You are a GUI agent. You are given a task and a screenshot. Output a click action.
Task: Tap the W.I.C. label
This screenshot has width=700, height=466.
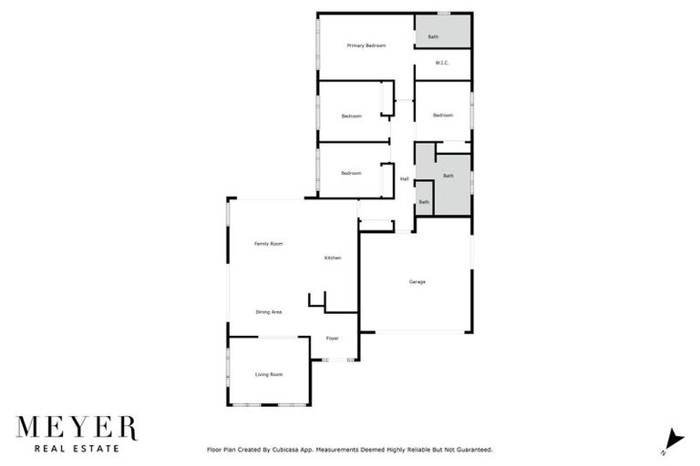(x=442, y=63)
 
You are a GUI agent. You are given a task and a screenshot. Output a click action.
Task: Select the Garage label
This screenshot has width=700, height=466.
(x=417, y=281)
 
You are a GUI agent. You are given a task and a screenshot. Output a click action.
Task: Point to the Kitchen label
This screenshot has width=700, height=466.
(x=333, y=258)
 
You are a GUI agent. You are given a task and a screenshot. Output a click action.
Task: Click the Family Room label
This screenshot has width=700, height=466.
(x=268, y=244)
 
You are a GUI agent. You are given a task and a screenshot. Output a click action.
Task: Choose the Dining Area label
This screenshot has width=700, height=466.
(x=268, y=312)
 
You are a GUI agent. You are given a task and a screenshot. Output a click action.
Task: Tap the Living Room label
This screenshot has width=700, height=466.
(x=268, y=374)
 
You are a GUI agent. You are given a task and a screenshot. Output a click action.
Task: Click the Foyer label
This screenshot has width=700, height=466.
(x=333, y=339)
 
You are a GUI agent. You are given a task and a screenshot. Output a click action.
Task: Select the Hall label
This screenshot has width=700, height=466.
(x=404, y=178)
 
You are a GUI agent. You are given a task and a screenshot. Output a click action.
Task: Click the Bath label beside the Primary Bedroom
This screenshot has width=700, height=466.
(x=433, y=37)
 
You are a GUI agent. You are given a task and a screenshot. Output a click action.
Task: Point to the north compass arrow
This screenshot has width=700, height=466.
(x=671, y=439)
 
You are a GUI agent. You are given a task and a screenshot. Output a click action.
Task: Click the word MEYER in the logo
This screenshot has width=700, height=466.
(x=77, y=428)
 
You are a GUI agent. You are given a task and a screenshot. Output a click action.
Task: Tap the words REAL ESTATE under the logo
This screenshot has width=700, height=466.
(x=77, y=448)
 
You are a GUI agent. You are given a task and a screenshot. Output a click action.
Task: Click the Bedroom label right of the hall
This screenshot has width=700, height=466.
(x=443, y=115)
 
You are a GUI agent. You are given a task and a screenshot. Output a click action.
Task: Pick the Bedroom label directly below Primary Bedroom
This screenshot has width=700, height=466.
(x=352, y=116)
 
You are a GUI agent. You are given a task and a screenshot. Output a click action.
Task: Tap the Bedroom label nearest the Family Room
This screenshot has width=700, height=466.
(x=352, y=173)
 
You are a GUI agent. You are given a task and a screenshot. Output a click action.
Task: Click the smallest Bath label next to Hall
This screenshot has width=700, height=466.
(x=424, y=201)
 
